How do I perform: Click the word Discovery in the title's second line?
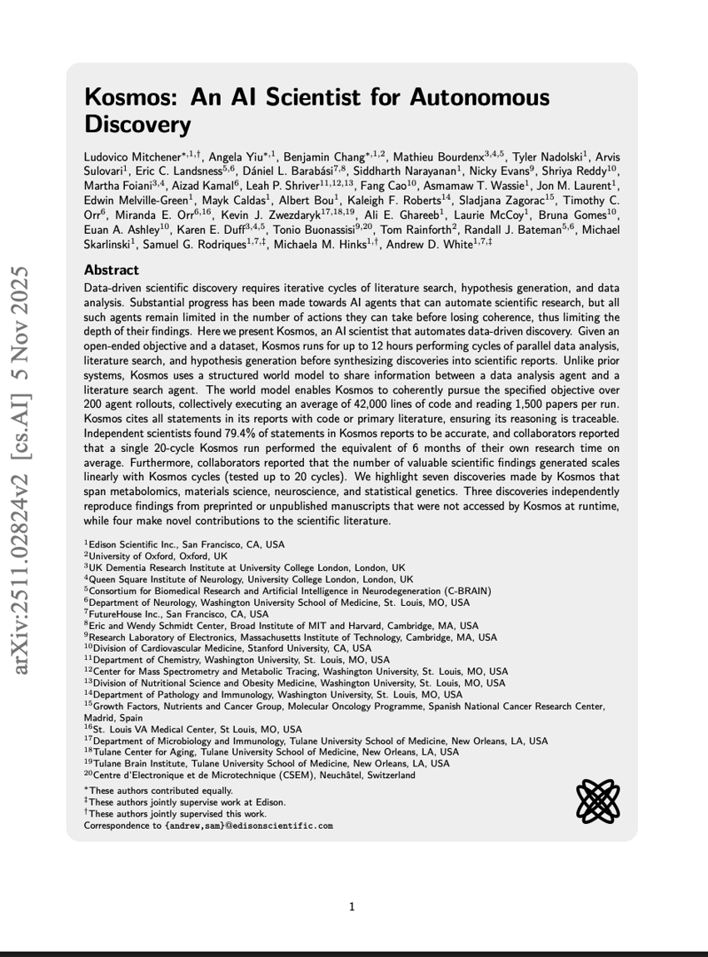[138, 125]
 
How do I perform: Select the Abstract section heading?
[112, 270]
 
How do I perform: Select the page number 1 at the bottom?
[353, 906]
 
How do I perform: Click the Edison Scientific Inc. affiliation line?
[184, 543]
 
